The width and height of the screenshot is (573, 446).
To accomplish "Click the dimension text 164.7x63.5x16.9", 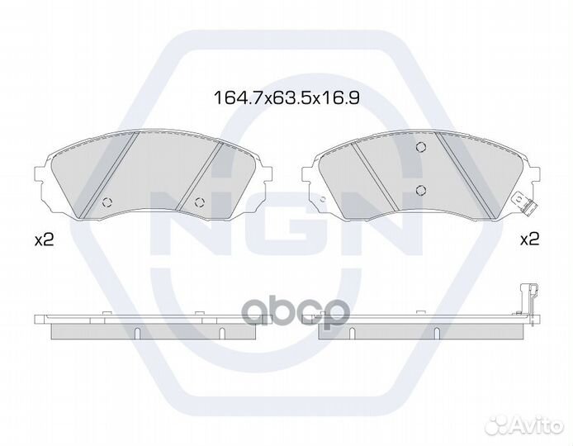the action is (x=286, y=97).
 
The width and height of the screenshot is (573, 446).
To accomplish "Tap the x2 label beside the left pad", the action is (x=44, y=240).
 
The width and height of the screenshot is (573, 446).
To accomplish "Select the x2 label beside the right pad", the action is (x=529, y=240).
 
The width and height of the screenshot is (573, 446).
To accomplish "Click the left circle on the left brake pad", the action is (x=108, y=202).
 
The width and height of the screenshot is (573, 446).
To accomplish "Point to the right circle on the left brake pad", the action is (x=200, y=202).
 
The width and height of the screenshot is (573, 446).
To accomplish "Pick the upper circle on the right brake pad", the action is (x=421, y=146).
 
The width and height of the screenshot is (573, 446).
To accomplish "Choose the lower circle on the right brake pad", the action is (x=421, y=190).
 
